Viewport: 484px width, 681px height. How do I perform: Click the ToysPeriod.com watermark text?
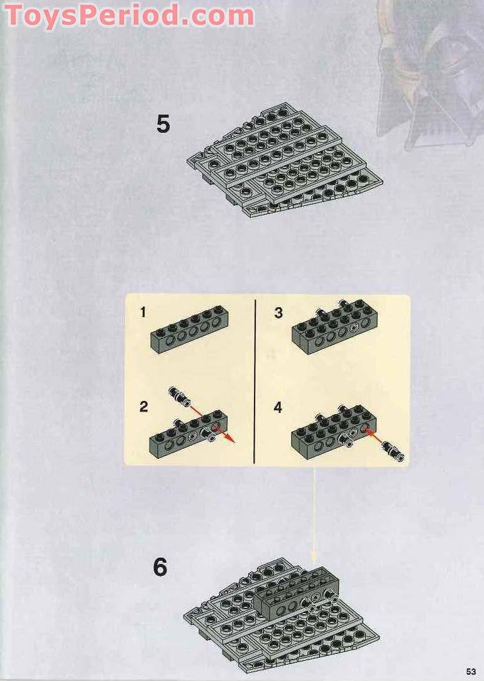click(129, 16)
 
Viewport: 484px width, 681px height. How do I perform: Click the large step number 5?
click(163, 124)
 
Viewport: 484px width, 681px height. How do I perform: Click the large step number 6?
click(160, 567)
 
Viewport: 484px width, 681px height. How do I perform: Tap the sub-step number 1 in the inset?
click(143, 312)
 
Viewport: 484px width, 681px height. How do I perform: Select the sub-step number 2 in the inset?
click(143, 407)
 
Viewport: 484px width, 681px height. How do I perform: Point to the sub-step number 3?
click(278, 313)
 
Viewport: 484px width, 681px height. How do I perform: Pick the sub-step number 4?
click(278, 407)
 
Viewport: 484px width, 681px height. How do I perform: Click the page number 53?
click(471, 672)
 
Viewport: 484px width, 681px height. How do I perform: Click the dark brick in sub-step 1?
click(190, 330)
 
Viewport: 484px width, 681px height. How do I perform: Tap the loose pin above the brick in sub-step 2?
click(179, 397)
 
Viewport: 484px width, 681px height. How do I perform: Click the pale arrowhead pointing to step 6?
click(313, 558)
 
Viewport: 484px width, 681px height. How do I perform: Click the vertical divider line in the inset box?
click(255, 381)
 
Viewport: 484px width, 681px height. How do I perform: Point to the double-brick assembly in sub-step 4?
click(334, 432)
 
